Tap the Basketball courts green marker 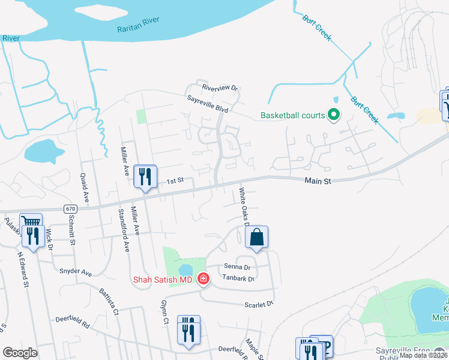point(333,115)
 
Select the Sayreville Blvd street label point(207,104)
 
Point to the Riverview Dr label point(220,88)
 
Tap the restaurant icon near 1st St point(145,176)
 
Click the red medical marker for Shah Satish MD point(203,279)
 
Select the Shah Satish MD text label point(163,279)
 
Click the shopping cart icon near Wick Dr point(31,223)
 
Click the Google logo point(20,352)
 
